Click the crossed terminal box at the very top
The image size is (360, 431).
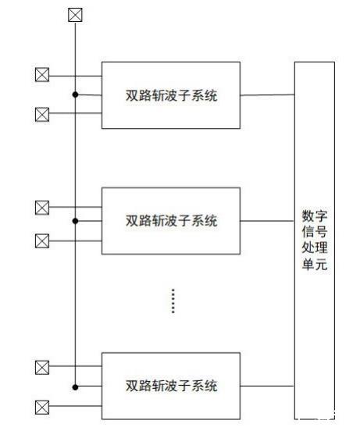click(x=75, y=15)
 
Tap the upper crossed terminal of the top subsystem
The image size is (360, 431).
click(x=42, y=74)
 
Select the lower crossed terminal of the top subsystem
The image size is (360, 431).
click(x=42, y=114)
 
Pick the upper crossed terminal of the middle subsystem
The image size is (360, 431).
click(x=42, y=207)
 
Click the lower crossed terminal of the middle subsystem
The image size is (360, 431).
click(x=42, y=240)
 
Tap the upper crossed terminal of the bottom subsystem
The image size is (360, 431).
click(x=42, y=367)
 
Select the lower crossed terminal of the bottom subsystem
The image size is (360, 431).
click(x=42, y=407)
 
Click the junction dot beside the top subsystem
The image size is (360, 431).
click(x=75, y=94)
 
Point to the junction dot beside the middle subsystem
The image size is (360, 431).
click(x=75, y=221)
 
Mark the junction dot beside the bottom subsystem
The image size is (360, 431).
click(x=75, y=387)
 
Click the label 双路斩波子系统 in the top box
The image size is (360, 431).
click(x=172, y=95)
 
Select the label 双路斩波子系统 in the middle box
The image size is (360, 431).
click(x=172, y=221)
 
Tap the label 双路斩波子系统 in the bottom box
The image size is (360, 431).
click(x=172, y=386)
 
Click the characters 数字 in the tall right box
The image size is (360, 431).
click(x=315, y=216)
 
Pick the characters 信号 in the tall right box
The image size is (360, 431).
click(x=315, y=232)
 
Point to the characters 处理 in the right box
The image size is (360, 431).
click(x=315, y=248)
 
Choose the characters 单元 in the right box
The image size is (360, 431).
click(x=315, y=264)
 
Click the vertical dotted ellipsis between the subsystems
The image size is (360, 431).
click(x=173, y=301)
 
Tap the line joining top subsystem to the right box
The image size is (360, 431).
click(x=267, y=95)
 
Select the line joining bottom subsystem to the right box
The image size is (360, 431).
click(x=267, y=386)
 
